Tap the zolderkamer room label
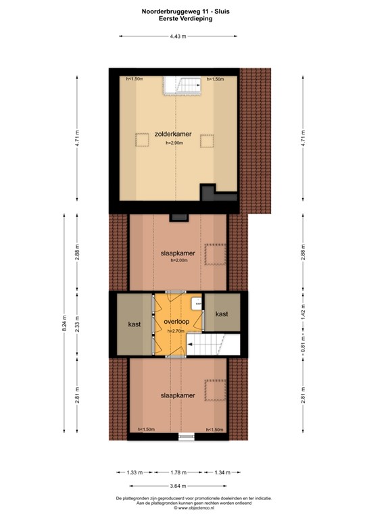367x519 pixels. [173, 134]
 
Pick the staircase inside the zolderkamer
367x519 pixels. [182, 86]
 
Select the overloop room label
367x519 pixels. [175, 321]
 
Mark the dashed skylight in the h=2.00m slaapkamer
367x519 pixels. [214, 253]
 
